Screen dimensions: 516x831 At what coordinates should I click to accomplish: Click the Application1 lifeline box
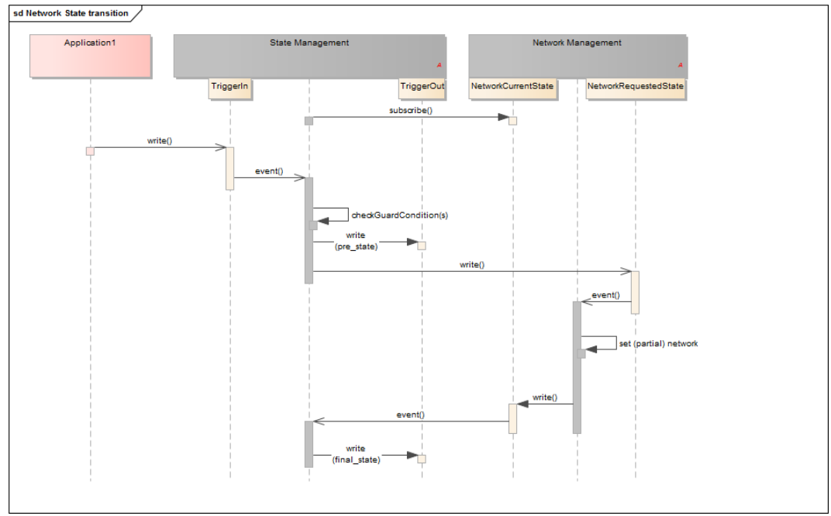tap(89, 56)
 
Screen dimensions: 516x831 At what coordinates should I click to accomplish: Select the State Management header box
tap(309, 56)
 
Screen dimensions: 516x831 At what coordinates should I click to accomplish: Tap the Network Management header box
tap(577, 56)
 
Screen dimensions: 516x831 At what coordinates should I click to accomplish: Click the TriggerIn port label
tap(229, 87)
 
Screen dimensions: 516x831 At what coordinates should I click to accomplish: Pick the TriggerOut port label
tap(422, 87)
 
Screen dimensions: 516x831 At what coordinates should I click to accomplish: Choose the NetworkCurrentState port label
tap(512, 87)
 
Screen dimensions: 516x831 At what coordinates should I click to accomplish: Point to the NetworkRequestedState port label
tap(635, 87)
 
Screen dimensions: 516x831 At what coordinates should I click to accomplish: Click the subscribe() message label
tap(410, 111)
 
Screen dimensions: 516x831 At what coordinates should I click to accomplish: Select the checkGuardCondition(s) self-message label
tap(399, 215)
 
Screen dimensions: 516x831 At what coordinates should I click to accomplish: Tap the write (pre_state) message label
tap(356, 241)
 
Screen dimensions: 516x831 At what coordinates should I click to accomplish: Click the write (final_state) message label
tap(356, 455)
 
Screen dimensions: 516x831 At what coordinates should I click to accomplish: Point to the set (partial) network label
tap(657, 343)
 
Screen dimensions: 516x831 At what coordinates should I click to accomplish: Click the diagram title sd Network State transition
tap(71, 13)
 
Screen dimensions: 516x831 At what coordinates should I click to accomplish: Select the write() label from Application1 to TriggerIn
tap(159, 141)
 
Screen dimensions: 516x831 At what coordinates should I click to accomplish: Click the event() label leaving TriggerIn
tap(269, 171)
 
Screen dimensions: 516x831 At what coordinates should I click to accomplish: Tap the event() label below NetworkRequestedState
tap(605, 295)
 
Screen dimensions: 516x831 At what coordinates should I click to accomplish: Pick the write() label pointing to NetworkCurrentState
tap(544, 397)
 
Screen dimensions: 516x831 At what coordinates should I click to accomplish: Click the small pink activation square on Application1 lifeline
tap(90, 151)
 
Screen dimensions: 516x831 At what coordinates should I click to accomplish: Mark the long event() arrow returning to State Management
tap(411, 421)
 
